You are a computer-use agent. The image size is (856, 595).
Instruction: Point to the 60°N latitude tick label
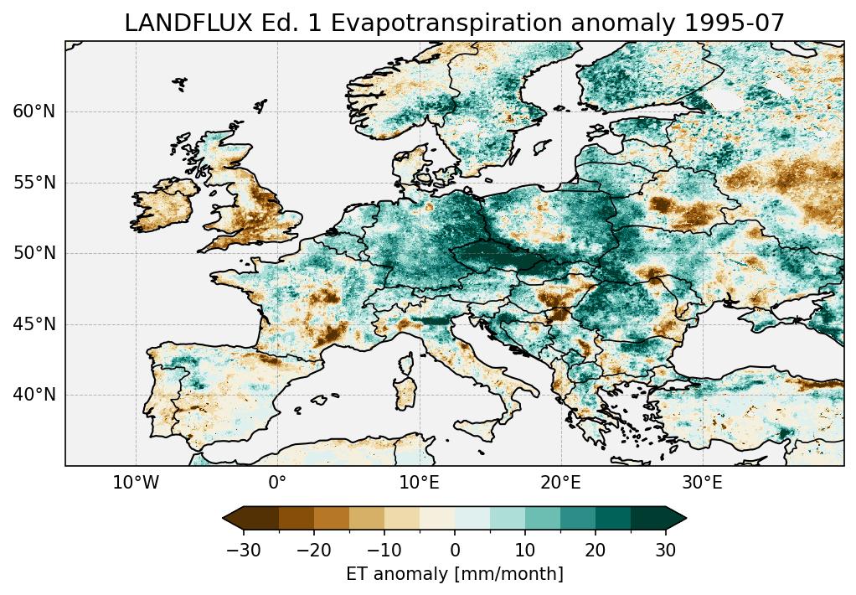pos(34,112)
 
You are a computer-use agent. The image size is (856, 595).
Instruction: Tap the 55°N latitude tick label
pos(34,183)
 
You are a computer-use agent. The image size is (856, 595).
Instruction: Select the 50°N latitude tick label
pos(34,254)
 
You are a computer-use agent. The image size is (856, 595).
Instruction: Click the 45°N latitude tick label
pos(34,324)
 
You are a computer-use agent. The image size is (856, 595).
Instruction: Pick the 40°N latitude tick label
pos(34,395)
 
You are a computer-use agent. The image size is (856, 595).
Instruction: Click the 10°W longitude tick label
pos(136,484)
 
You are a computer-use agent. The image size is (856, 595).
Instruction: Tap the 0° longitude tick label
pos(277,484)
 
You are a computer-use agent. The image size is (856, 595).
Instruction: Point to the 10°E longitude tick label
pos(419,484)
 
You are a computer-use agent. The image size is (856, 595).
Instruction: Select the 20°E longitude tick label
pos(560,484)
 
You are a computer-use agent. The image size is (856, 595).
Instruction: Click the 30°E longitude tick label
pos(702,484)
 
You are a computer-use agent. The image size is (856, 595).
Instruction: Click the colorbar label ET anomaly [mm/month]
pos(455,574)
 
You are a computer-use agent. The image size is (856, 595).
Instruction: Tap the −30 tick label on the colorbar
pos(243,550)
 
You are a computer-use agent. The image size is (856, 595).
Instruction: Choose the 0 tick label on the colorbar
pos(455,550)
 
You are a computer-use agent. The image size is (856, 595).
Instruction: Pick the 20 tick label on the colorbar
pos(596,550)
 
